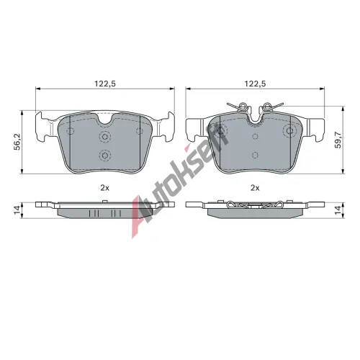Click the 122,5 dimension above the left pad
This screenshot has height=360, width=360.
105,84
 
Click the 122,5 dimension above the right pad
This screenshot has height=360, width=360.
255,84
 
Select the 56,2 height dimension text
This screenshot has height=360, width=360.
17,142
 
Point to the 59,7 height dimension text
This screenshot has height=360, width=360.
338,140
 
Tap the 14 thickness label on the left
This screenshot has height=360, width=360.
17,210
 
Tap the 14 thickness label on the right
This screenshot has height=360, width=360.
338,210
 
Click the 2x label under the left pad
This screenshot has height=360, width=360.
105,188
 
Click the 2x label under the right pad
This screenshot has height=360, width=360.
255,188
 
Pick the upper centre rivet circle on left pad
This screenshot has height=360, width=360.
105,137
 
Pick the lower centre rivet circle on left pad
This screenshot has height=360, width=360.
105,156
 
